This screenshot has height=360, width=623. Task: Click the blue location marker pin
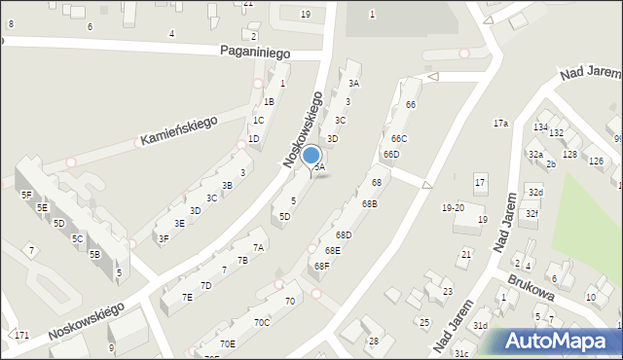(x=311, y=157)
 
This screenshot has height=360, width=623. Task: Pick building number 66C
(x=398, y=139)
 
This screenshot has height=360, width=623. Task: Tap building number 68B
(x=369, y=203)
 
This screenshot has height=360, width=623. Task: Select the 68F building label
(x=321, y=266)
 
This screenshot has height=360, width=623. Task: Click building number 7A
(x=258, y=248)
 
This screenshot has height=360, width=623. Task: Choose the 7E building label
(x=187, y=298)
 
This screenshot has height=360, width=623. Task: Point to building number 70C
(x=262, y=322)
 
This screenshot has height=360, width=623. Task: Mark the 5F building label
(x=26, y=195)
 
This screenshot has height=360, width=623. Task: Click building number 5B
(x=94, y=254)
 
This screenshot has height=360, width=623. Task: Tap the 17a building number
(x=500, y=124)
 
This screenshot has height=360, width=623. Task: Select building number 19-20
(x=453, y=207)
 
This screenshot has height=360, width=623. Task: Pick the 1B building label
(x=269, y=101)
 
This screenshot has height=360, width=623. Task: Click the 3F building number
(x=164, y=238)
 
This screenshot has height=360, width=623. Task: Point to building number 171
(x=21, y=335)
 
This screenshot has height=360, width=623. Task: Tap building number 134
(x=540, y=127)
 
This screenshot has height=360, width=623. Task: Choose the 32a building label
(x=534, y=155)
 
